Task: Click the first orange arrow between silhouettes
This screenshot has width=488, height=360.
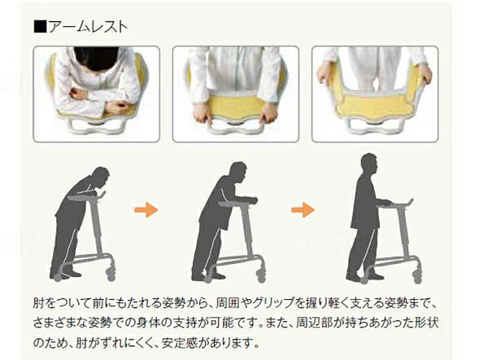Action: tap(146, 210)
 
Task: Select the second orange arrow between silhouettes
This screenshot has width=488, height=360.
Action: tap(303, 210)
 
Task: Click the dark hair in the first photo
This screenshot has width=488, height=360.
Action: tap(96, 59)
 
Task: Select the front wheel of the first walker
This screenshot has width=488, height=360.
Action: tap(111, 275)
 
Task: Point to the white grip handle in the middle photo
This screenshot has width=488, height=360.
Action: tap(236, 130)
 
